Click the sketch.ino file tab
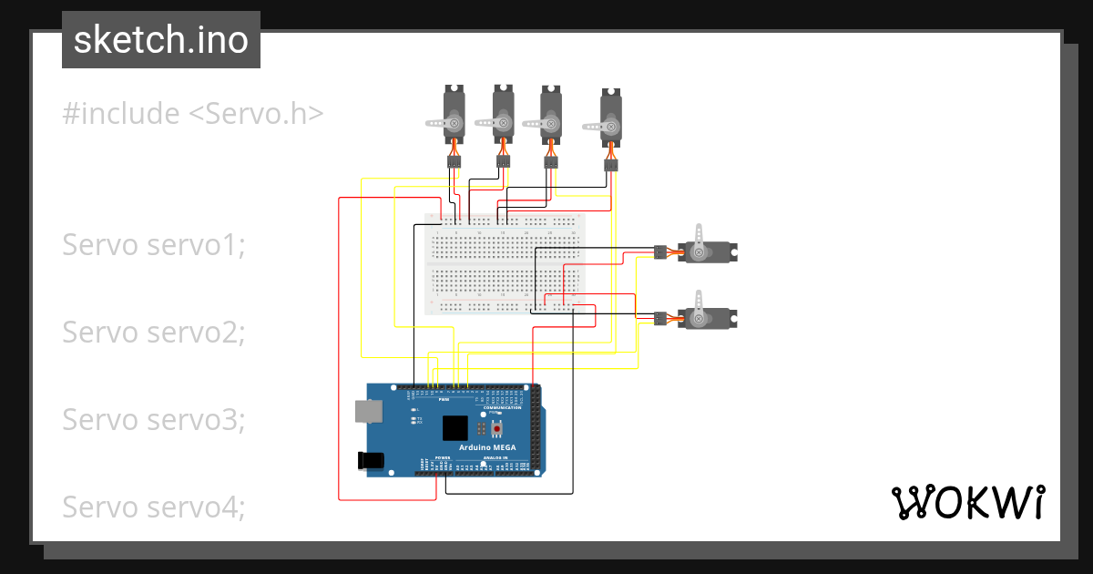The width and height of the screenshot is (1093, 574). click(x=160, y=40)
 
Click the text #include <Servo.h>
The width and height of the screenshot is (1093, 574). click(x=193, y=114)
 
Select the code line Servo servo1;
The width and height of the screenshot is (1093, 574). click(x=153, y=245)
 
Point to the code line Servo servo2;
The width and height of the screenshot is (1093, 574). click(x=153, y=333)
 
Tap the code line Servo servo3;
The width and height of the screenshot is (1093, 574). click(x=153, y=420)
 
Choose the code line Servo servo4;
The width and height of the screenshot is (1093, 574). click(x=153, y=507)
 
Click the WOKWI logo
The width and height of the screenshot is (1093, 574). click(x=966, y=502)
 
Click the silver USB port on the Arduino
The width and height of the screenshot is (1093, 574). click(x=369, y=412)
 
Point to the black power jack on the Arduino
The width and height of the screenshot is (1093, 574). click(x=372, y=461)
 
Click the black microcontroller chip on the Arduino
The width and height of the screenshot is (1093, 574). click(x=455, y=428)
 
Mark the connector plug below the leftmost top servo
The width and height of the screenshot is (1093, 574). click(x=454, y=162)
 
